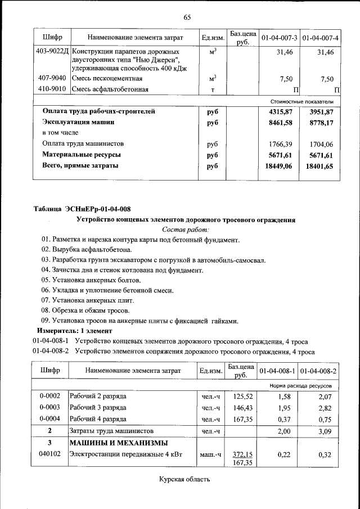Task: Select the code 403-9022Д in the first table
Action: coord(52,52)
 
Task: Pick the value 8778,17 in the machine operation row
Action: coord(320,122)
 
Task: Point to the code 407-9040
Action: coord(52,78)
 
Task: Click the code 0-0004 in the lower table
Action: coord(50,419)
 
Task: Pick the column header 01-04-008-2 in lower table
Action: coord(318,371)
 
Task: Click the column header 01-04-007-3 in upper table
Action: coord(278,38)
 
